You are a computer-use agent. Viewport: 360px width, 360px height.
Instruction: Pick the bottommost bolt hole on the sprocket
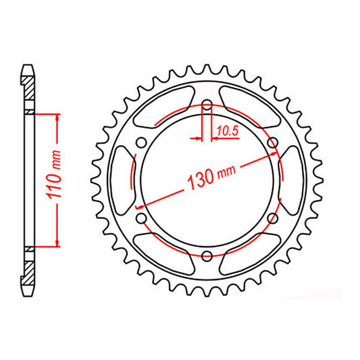pyautogui.click(x=207, y=257)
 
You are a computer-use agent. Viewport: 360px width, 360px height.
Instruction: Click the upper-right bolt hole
pyautogui.click(x=273, y=143)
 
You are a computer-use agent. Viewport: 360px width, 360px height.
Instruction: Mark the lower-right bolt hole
pyautogui.click(x=273, y=219)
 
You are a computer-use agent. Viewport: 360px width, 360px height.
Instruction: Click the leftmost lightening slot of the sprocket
pyautogui.click(x=122, y=180)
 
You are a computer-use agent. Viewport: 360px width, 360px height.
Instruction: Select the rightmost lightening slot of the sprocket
pyautogui.click(x=291, y=180)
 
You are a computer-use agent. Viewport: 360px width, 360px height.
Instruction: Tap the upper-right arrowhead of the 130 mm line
pyautogui.click(x=274, y=155)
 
